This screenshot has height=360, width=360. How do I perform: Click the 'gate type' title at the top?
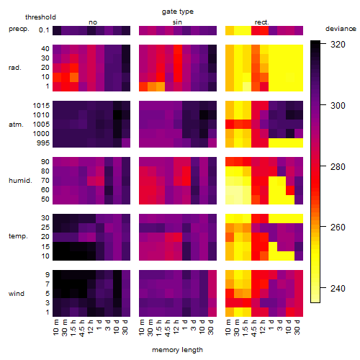coord(178,12)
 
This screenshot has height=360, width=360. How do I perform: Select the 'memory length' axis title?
coord(177,350)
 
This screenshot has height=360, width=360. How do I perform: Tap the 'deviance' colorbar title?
coord(341,29)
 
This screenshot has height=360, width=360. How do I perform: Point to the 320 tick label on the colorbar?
coord(338,45)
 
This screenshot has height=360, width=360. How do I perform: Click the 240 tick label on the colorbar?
coord(338,288)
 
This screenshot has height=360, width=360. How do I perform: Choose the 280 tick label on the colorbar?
coord(338,166)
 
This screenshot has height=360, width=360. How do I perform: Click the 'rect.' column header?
coord(262,22)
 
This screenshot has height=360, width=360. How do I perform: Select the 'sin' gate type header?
coord(177,22)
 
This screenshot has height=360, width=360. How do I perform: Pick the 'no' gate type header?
coord(93,22)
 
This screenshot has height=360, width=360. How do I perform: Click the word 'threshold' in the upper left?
coord(40,17)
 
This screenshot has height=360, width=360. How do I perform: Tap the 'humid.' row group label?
coord(20,181)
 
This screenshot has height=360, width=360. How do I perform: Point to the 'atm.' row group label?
coord(16,125)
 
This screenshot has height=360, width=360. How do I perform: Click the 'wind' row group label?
coord(17,294)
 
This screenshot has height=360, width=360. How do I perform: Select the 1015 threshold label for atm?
coord(41,106)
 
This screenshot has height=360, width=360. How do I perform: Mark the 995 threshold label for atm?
coord(43,143)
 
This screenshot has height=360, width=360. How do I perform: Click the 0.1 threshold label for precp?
coord(44,30)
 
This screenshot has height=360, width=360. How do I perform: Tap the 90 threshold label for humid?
coord(45,162)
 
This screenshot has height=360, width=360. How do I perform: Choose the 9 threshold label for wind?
coord(48,275)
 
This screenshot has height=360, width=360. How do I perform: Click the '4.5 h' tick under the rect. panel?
coord(254,328)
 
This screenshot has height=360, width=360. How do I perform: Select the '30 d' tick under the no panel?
coord(125,327)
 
